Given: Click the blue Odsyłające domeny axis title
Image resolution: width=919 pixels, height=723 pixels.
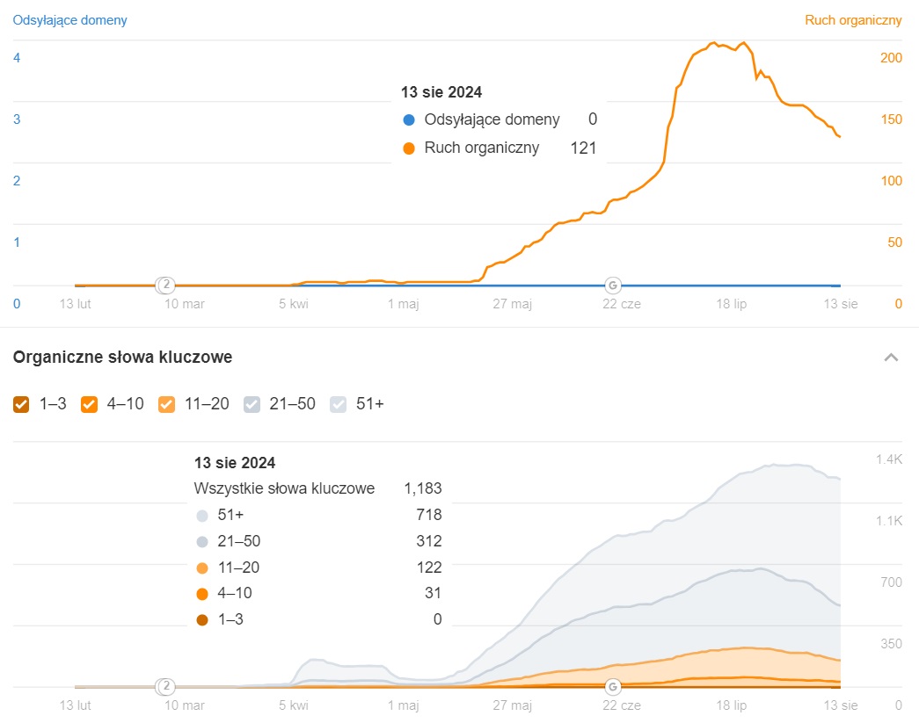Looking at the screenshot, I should click(x=69, y=19).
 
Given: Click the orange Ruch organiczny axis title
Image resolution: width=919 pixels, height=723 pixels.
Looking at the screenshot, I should click(x=853, y=19).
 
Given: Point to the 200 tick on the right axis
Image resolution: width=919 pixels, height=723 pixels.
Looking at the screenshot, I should click(x=891, y=58).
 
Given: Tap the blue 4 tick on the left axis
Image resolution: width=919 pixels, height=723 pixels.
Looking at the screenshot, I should click(x=17, y=58).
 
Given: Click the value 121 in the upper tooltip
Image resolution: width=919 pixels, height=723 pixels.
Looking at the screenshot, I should click(x=583, y=148).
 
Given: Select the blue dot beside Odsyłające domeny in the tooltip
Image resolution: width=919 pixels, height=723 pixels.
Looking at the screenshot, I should click(x=408, y=119).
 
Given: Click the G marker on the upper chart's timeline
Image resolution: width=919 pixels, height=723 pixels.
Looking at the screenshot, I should click(x=613, y=285).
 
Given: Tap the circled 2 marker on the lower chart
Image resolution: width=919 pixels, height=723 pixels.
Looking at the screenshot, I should click(x=165, y=686).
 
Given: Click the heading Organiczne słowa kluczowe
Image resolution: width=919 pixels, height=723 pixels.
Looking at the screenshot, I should click(x=122, y=357).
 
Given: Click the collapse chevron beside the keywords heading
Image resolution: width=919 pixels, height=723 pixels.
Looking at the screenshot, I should click(x=891, y=358).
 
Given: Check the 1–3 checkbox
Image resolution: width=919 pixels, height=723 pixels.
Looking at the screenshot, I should click(x=22, y=404).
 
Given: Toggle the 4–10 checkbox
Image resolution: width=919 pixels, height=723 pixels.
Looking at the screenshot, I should click(x=89, y=404).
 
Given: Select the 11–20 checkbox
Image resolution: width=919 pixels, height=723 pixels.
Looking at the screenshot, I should click(x=166, y=404).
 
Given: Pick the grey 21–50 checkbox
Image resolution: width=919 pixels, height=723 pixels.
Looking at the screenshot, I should click(x=252, y=404).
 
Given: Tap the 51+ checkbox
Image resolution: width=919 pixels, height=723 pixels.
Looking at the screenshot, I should click(x=338, y=404).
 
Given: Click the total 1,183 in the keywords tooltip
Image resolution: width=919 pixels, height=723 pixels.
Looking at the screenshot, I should click(x=422, y=488).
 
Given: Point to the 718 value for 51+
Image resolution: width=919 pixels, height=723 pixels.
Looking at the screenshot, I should click(x=430, y=515).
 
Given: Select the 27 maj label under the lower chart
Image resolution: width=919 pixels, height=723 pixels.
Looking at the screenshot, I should click(x=512, y=705).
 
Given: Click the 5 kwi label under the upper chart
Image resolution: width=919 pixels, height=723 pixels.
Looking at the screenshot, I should click(x=294, y=304).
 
